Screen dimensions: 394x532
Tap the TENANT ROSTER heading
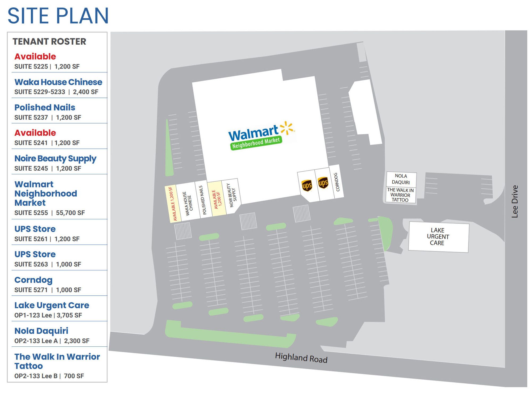(49, 41)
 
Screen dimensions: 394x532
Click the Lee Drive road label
(515, 201)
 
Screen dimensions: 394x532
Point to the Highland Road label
(301, 357)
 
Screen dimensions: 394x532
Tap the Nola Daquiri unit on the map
(401, 179)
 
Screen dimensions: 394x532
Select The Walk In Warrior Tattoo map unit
(400, 195)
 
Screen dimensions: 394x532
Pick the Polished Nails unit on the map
(203, 200)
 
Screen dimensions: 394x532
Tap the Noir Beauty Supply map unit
(231, 195)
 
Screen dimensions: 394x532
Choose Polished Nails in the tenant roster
(45, 107)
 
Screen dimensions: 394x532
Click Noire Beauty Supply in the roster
(55, 158)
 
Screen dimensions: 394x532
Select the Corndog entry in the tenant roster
(33, 280)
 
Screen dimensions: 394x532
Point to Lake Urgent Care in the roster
(52, 305)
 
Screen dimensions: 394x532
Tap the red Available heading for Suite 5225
(35, 56)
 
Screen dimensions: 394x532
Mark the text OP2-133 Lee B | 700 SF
(49, 376)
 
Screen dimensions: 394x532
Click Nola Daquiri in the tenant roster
(41, 331)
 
